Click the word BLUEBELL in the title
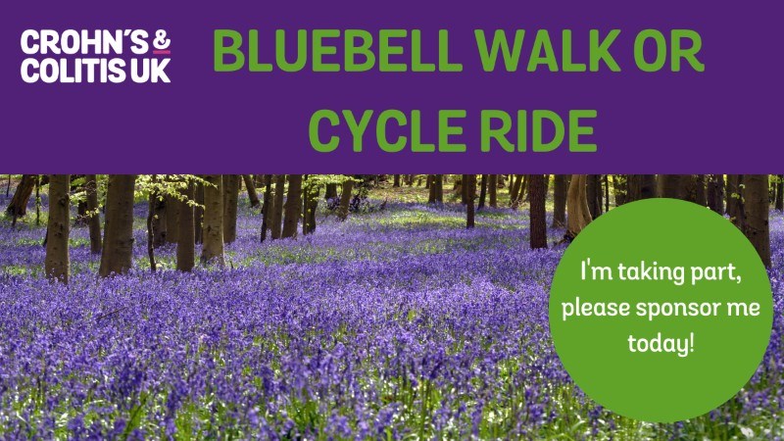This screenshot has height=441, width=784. (337, 51)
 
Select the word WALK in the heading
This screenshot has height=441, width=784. (548, 51)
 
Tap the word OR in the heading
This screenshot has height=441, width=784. (668, 51)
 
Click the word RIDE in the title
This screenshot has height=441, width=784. (538, 130)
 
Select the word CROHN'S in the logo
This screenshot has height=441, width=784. (84, 42)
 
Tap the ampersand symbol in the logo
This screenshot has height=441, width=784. (162, 40)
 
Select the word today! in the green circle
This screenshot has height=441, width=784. (661, 343)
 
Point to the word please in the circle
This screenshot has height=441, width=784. (596, 307)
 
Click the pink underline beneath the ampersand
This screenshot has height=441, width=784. (162, 52)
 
